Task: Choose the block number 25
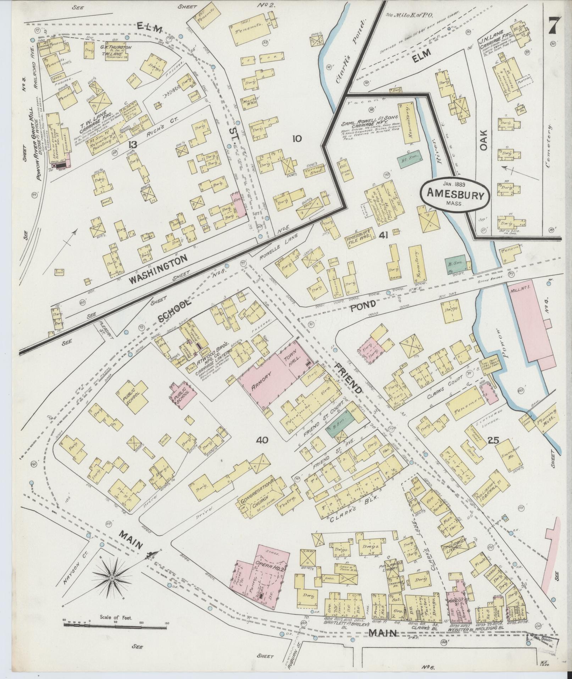coord(493,440)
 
